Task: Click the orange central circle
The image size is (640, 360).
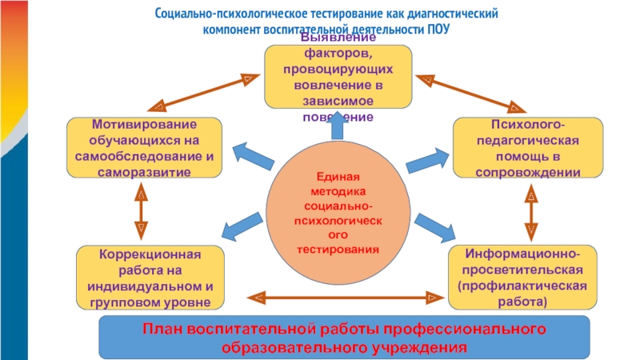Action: pos(338,212)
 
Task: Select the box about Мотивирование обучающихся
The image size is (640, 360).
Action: pos(145,148)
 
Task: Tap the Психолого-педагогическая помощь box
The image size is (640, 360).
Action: pos(528,148)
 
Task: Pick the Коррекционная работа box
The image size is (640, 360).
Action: pos(150,278)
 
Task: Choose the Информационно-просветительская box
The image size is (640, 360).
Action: pos(522,278)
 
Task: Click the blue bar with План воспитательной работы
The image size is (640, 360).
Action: pos(345,337)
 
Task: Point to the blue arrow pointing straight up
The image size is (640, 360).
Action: pos(337,126)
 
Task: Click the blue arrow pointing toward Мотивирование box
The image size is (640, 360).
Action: pos(253,156)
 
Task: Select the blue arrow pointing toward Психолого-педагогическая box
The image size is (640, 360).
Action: pos(428,161)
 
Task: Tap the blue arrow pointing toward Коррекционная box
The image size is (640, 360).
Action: pos(242,226)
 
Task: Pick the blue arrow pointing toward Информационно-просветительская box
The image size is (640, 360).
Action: pos(435,228)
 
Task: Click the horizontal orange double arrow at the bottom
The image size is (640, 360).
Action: pos(346,298)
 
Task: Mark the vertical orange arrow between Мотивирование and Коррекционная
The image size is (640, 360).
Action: pos(141,211)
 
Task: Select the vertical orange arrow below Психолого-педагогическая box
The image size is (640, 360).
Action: pos(531,212)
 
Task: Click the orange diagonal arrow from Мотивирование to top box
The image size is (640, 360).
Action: pos(204,93)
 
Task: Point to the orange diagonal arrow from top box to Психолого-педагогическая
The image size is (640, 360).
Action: pos(470,94)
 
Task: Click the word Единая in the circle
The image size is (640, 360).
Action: pos(338,177)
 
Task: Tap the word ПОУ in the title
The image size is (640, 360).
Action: pos(438,30)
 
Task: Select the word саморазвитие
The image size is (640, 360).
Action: pos(144,172)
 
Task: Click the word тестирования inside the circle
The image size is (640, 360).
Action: pos(338,250)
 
